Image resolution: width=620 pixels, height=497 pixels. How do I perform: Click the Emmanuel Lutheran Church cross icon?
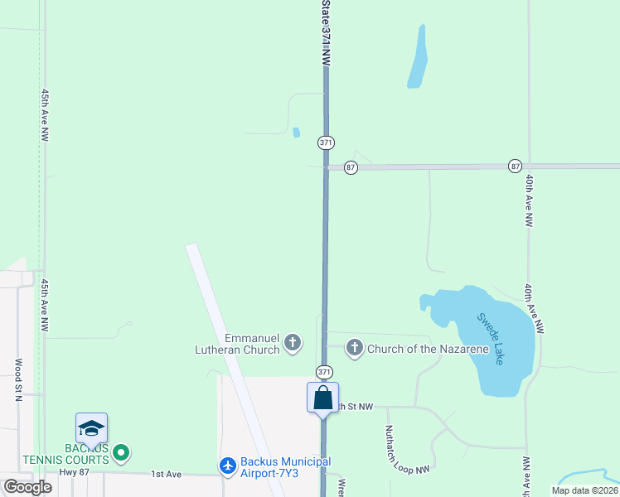[x=292, y=342]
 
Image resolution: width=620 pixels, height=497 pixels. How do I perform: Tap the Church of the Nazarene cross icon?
[x=355, y=348]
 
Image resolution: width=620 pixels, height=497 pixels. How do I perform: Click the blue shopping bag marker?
[x=322, y=397]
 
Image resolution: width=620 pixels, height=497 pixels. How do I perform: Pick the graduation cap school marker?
[x=91, y=428]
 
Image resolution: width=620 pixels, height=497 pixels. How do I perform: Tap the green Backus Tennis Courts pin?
[x=121, y=452]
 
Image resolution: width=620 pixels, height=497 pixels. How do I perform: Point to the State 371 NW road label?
[x=326, y=33]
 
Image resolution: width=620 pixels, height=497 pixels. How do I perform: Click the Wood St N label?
[x=17, y=379]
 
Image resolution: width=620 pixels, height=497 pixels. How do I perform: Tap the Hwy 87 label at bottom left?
[x=73, y=474]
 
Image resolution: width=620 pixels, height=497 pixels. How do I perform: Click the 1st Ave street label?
[x=166, y=474]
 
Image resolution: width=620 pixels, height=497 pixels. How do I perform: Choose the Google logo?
[x=27, y=487]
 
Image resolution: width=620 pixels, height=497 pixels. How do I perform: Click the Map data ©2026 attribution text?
[x=584, y=490]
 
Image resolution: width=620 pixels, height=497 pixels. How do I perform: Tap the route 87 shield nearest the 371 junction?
[x=351, y=166]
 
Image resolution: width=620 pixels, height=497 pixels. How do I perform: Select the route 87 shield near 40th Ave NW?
[x=516, y=166]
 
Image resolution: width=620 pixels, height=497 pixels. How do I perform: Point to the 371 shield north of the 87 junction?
[x=326, y=142]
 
